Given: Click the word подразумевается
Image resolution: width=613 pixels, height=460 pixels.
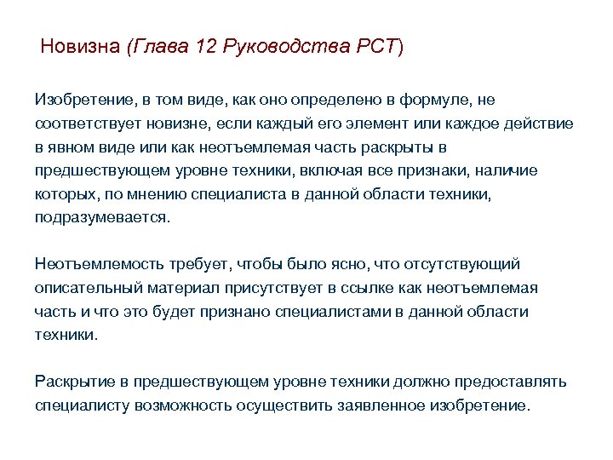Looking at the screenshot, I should [x=102, y=217].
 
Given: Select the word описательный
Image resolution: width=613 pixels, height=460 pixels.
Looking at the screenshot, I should [x=86, y=288].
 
